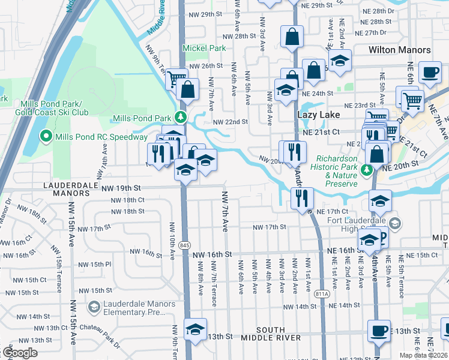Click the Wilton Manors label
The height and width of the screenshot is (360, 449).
pyautogui.click(x=400, y=50)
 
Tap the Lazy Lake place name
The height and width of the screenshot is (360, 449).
pyautogui.click(x=318, y=114)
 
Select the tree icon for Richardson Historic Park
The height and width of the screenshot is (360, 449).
pyautogui.click(x=366, y=170)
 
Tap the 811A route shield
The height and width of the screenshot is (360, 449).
pyautogui.click(x=322, y=293)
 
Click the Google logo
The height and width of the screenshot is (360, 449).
pyautogui.click(x=19, y=353)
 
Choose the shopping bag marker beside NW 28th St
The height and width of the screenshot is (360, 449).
pyautogui.click(x=292, y=36)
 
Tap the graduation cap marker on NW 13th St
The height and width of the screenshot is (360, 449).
pyautogui.click(x=195, y=329)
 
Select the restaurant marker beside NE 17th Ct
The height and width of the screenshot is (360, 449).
pyautogui.click(x=301, y=197)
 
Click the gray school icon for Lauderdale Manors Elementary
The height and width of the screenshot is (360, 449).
pyautogui.click(x=94, y=308)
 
